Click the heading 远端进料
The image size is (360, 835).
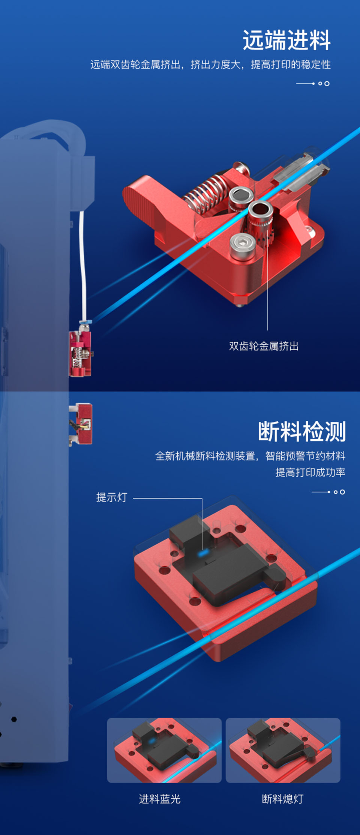pos(286,40)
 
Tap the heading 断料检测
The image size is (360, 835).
pos(302,431)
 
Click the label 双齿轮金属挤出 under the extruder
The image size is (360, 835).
pos(264,346)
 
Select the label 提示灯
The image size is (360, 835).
pos(112,497)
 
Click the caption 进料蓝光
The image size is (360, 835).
pos(160,799)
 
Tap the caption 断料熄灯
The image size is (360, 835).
pos(282,799)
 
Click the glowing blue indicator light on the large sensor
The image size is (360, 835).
pos(202,553)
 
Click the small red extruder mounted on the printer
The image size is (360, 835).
pos(80,353)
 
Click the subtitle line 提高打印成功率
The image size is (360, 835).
pos(310,472)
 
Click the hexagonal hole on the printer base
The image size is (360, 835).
pos(14,719)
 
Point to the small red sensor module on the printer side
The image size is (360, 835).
pos(81,424)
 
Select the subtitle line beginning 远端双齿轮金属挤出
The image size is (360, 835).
pos(210,65)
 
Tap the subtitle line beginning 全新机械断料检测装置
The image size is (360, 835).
pos(250,456)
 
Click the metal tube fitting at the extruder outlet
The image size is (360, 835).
pos(302,169)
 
